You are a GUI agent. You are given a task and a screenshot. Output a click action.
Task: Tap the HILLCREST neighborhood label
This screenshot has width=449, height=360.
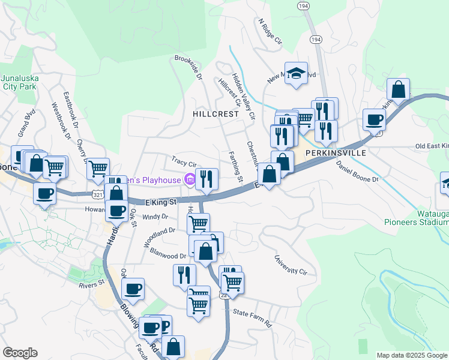click(215, 113)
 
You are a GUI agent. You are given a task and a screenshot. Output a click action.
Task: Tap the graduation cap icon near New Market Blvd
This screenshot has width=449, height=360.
click(296, 73)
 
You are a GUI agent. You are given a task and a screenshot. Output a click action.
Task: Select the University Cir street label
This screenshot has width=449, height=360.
click(291, 265)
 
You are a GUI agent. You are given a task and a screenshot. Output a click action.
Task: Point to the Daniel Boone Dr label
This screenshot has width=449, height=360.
click(358, 172)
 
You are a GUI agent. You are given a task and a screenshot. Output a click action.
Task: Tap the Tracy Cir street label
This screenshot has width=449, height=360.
click(184, 163)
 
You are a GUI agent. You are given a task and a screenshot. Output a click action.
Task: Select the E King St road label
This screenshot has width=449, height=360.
click(160, 202)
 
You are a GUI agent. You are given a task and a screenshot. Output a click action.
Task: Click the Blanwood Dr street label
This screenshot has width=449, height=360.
click(168, 254)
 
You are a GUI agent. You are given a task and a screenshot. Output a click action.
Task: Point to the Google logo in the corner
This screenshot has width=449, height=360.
click(20, 352)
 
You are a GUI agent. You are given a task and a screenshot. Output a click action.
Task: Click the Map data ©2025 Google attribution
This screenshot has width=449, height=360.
click(412, 355)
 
